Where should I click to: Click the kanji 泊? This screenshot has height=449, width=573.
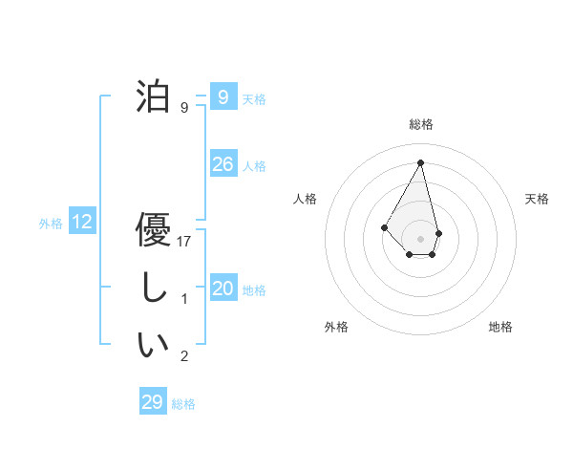[154, 97]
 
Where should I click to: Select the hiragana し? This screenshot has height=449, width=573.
[154, 289]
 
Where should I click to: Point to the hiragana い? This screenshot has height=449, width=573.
[154, 344]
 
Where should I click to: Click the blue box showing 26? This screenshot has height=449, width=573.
[223, 164]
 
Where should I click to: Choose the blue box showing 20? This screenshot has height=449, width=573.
[223, 289]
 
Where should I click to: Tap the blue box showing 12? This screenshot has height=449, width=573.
[82, 223]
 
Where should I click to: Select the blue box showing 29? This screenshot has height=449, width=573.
[152, 402]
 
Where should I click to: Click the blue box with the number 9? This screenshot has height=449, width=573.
[223, 96]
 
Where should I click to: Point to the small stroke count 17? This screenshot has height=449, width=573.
[185, 242]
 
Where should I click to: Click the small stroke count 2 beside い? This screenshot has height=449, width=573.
[185, 356]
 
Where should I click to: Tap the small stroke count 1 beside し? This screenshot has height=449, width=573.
[185, 299]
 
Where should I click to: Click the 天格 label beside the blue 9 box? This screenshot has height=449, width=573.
[254, 98]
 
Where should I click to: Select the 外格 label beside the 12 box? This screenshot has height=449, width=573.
[51, 224]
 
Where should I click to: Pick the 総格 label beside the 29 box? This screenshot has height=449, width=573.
[183, 404]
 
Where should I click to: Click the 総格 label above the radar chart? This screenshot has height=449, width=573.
[421, 124]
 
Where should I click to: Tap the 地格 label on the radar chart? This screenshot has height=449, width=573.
[500, 327]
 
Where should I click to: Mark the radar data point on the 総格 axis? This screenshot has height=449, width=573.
[421, 161]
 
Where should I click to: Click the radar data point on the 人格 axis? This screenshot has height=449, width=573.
[385, 226]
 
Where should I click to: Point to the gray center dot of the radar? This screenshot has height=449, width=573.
[421, 238]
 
